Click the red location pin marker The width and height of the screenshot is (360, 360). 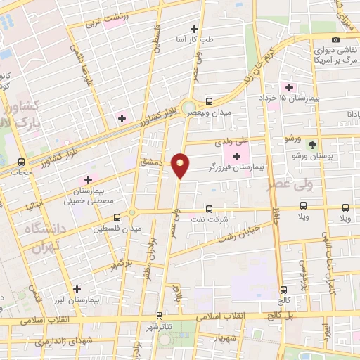tap(181, 165)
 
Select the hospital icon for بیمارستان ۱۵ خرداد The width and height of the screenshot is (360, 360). tap(288, 87)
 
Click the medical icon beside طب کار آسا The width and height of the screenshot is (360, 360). tap(195, 30)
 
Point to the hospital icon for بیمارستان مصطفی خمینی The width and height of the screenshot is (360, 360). tap(88, 179)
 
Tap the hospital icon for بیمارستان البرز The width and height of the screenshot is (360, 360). tap(77, 288)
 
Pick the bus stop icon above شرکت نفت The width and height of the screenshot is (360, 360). tap(209, 208)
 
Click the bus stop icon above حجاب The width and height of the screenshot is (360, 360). tap(21, 162)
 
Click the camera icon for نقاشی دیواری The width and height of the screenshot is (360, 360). tap(335, 39)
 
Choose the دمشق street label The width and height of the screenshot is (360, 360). tap(150, 162)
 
